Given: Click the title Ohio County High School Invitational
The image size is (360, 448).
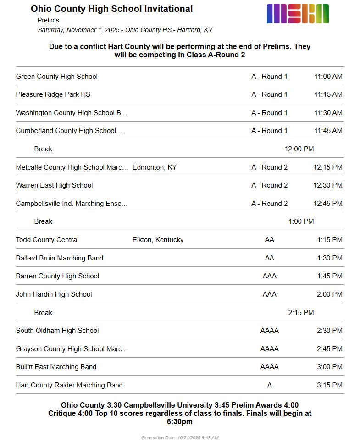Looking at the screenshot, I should pos(111,9).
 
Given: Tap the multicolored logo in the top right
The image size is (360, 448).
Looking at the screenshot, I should pos(298,13).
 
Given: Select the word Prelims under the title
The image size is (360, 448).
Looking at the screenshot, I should pos(48,20).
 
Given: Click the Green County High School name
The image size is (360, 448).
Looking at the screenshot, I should pos(57,77).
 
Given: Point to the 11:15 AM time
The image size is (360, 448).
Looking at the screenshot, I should pos(328,94).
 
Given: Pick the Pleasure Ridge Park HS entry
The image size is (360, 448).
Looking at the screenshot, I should pos(53,94).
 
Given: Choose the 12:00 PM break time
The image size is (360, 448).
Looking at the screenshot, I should pos(299,149).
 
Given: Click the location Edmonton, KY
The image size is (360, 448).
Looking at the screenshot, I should pos(154,167).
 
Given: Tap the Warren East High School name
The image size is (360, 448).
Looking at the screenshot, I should pos(54,185).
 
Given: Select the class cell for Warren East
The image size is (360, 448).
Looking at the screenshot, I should pos(269,185).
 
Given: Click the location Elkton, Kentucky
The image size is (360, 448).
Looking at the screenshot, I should pos(158,240).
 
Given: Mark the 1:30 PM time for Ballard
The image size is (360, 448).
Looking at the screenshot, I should pos(329,258).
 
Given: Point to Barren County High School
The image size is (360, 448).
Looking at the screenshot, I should pos(57,276).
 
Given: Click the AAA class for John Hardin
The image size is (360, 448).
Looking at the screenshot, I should pos(269,294).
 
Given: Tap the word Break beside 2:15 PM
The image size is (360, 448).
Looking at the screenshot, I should pos(43,313).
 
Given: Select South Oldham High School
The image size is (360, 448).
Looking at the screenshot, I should pos(57,331).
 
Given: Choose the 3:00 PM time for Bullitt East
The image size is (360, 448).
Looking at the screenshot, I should pos(329,367).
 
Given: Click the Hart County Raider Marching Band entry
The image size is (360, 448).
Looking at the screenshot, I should pos(69,385).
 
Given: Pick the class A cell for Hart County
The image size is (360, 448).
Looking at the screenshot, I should pos(269,385).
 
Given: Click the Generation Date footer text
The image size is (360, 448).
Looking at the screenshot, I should pos(180,438).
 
